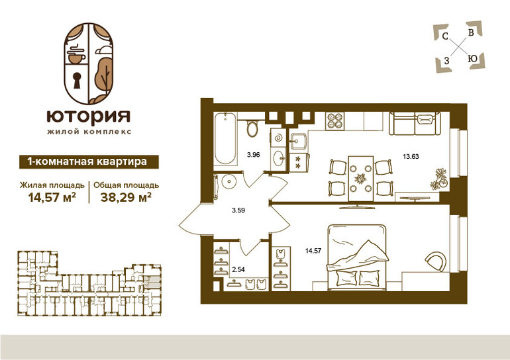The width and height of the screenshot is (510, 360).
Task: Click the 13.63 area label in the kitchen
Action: coord(411,157)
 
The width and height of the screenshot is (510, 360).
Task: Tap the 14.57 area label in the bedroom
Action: coord(313,251)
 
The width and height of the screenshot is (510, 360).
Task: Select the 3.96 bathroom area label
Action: coord(254,155)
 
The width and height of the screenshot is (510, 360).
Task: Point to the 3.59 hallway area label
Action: coord(238,210)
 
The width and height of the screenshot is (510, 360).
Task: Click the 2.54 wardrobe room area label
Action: coord(238,269)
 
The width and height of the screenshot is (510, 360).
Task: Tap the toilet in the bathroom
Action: coord(252,128)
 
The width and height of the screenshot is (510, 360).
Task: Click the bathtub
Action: coord(225,138)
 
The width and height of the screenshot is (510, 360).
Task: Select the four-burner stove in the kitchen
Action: coord(334,121)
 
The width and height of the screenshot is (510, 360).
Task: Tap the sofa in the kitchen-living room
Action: coord(415,123)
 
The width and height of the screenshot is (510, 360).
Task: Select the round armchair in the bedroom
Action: coord(436,261)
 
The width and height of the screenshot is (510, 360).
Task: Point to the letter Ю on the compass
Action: coord(472,59)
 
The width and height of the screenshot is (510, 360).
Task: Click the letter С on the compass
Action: coord(445,36)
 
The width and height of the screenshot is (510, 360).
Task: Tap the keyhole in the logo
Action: coord(77,80)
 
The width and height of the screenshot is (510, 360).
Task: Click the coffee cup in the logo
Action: coord(77,56)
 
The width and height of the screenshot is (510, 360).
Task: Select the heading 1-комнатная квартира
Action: coord(87,161)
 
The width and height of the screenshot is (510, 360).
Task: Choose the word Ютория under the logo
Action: coord(89,116)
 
